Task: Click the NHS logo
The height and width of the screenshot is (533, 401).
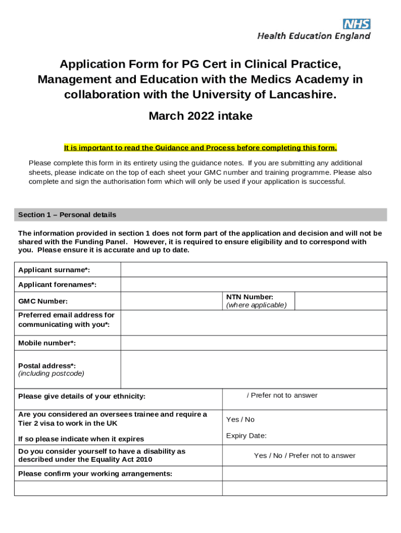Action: click(356, 24)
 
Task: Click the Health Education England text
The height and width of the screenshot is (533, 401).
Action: click(314, 36)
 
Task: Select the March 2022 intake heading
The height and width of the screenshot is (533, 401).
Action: click(200, 116)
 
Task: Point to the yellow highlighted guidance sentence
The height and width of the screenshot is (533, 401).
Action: click(200, 147)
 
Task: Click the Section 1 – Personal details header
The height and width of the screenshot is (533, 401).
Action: click(67, 215)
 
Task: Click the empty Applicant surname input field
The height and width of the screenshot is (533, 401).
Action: click(254, 270)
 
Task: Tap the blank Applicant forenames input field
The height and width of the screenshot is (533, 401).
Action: click(254, 285)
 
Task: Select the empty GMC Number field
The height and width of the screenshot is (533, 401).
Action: click(171, 301)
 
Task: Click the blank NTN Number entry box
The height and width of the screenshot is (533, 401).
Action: click(341, 301)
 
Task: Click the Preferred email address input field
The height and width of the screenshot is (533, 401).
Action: click(254, 323)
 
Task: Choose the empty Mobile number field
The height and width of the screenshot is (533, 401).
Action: click(254, 343)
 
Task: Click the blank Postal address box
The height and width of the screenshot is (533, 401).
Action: click(254, 369)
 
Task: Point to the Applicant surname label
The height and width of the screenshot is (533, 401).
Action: click(54, 270)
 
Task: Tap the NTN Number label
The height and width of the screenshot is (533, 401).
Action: click(249, 297)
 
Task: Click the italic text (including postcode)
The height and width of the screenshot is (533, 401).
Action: click(51, 374)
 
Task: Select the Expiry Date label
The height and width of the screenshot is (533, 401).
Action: click(246, 436)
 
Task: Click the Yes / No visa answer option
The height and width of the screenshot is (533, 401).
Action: click(240, 420)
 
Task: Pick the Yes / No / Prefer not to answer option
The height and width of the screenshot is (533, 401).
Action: click(305, 455)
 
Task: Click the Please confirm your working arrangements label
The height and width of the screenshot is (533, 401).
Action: click(95, 474)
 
